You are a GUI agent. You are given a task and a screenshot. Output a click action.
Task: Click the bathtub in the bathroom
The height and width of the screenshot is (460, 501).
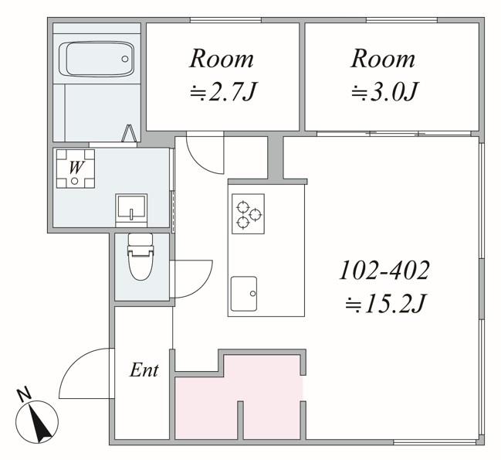[x=96, y=59]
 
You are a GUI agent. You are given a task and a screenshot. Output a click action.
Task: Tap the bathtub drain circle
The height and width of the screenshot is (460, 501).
[x=125, y=59]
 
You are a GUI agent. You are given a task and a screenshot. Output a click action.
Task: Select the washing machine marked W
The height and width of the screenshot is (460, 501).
[x=76, y=169]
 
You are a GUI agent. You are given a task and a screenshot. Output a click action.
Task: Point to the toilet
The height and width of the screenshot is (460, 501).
[x=140, y=257]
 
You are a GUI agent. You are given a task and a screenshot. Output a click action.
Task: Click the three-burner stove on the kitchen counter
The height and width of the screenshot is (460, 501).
[x=248, y=213]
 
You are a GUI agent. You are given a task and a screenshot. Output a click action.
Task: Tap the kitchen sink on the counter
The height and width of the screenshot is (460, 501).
[x=244, y=294]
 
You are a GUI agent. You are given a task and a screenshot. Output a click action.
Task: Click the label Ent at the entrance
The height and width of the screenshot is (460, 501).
[x=144, y=370]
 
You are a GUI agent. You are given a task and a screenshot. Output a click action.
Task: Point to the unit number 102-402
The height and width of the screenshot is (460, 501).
[x=384, y=271]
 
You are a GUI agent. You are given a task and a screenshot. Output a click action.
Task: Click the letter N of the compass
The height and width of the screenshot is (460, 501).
[x=24, y=394]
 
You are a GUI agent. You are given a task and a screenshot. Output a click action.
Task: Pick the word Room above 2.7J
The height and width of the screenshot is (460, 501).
[x=222, y=59]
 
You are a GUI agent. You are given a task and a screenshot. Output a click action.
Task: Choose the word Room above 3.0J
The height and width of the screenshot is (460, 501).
[x=383, y=59]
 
